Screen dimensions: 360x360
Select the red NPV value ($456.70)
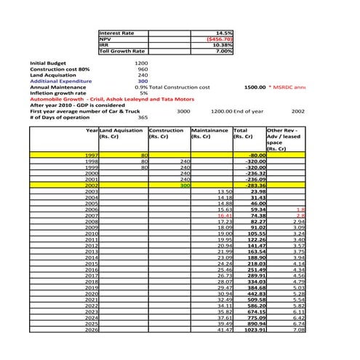pos(220,39)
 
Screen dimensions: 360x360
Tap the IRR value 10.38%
pos(222,45)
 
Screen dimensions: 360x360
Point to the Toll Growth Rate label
pos(122,51)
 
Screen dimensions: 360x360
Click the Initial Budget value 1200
pos(141,63)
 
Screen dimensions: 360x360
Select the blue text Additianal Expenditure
pos(60,81)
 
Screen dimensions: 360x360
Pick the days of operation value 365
pos(143,117)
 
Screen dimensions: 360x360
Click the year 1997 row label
pos(92,156)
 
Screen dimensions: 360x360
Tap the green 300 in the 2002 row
pos(185,185)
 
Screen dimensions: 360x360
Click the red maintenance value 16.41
pos(224,215)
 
